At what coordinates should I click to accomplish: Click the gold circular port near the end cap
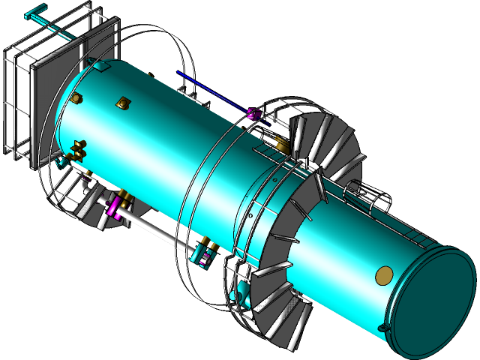click(383, 275)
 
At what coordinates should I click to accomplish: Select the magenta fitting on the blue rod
click(252, 113)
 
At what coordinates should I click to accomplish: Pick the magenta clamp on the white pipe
click(115, 207)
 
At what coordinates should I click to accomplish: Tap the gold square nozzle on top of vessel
click(121, 103)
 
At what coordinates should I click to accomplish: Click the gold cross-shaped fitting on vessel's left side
click(78, 148)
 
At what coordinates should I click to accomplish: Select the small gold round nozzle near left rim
click(76, 97)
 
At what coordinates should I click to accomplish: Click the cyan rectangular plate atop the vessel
click(101, 66)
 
